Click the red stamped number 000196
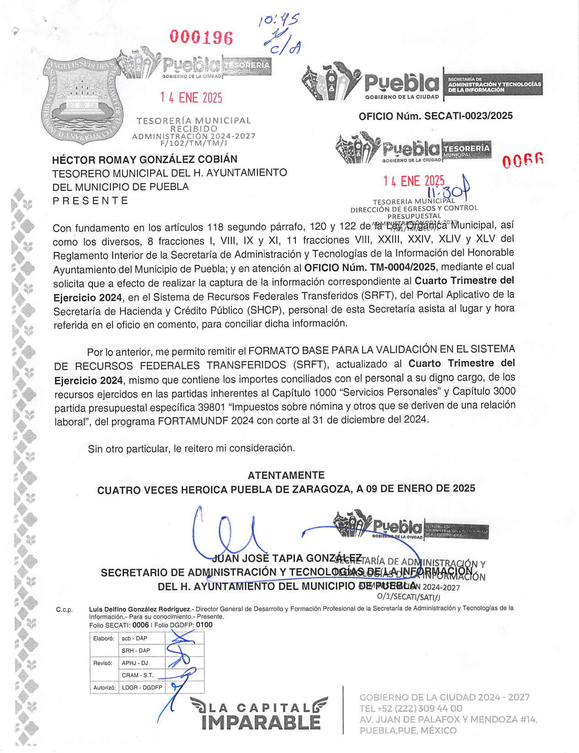tap(201, 38)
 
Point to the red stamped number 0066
tap(523, 161)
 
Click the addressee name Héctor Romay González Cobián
tap(145, 160)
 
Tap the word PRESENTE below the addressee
tap(90, 201)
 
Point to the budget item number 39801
tap(212, 407)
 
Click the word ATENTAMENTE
tap(286, 475)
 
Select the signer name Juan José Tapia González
tap(287, 558)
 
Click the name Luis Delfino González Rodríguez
tap(139, 609)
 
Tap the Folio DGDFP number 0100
tap(204, 625)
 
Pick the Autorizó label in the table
tap(103, 688)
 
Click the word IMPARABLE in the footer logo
tap(261, 722)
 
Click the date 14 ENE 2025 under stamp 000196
tap(191, 97)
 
